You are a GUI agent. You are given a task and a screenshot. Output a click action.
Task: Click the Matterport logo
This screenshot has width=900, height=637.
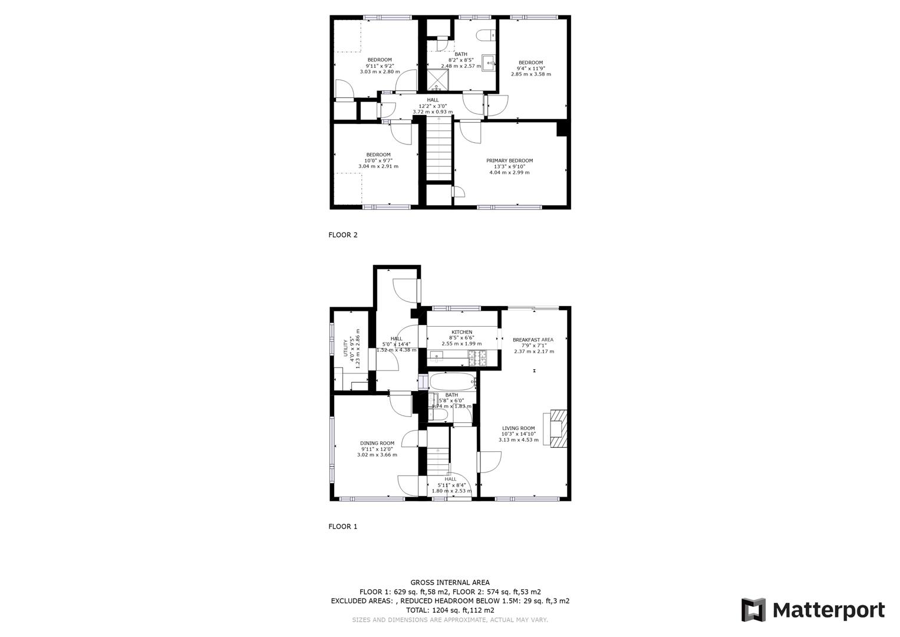click(x=813, y=610)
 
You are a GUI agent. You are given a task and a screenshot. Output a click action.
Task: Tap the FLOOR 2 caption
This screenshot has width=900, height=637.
click(x=342, y=235)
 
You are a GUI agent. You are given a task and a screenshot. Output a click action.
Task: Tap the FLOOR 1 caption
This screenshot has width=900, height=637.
click(x=342, y=527)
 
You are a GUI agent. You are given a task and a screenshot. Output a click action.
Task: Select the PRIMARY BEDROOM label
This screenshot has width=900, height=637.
click(x=509, y=160)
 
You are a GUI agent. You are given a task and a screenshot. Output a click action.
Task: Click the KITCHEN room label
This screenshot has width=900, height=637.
click(x=461, y=332)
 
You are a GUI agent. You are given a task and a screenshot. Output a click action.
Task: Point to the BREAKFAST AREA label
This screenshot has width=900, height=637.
click(x=533, y=340)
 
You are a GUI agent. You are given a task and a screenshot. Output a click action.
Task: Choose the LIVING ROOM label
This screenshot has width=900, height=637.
click(x=518, y=428)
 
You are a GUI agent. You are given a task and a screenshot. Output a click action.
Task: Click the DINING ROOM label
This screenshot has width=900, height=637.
click(x=377, y=443)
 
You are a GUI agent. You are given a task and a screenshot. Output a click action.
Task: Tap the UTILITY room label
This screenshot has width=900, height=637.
click(x=346, y=349)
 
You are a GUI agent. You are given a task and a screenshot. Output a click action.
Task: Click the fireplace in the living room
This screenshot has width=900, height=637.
click(x=557, y=428)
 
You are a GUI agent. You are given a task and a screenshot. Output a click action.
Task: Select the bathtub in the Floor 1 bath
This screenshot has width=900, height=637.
click(x=453, y=382)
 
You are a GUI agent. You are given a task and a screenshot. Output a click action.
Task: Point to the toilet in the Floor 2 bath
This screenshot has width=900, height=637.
click(x=486, y=36)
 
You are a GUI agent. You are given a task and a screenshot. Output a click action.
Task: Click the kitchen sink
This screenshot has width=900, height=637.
click(x=436, y=355)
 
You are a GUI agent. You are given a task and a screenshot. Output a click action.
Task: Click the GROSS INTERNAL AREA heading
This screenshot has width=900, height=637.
click(x=450, y=583)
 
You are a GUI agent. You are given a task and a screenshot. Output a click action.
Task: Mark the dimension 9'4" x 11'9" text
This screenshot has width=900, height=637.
click(x=530, y=68)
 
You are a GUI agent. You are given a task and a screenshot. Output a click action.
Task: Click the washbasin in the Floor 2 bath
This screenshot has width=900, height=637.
click(x=489, y=62)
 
